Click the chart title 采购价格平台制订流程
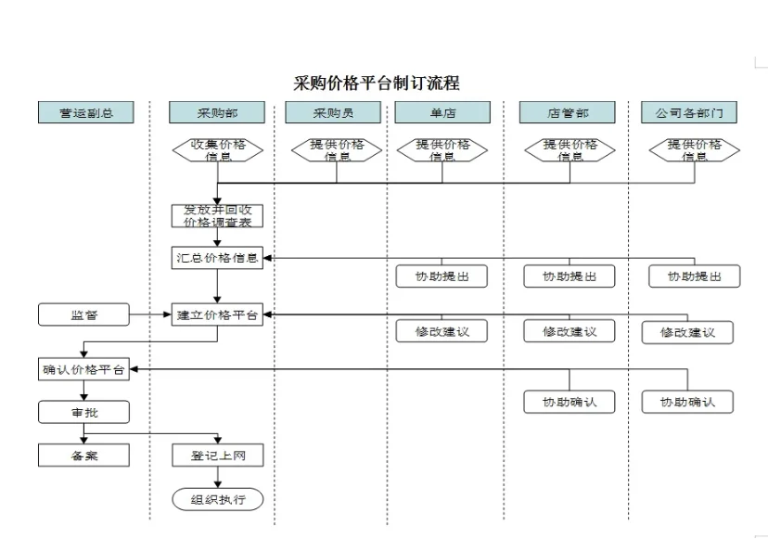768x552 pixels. (377, 83)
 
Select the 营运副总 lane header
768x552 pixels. (85, 113)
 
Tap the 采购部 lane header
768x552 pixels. (217, 113)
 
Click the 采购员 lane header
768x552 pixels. (333, 113)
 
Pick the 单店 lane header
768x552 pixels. (442, 113)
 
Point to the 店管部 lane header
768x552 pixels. (568, 113)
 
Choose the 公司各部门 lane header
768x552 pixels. (688, 113)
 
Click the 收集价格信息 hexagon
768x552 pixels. (217, 149)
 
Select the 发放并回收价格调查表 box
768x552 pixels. (217, 215)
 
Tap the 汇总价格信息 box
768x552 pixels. (217, 258)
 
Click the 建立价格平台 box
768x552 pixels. (217, 315)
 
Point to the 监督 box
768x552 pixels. (83, 315)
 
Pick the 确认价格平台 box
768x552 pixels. (83, 370)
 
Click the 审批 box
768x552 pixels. (83, 412)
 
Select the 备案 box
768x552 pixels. (83, 456)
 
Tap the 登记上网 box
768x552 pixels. (217, 456)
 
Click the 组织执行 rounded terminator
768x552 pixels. (217, 499)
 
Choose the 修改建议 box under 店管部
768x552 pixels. (569, 331)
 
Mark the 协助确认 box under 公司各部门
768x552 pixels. (687, 402)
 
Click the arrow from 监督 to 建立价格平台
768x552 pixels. (150, 315)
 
